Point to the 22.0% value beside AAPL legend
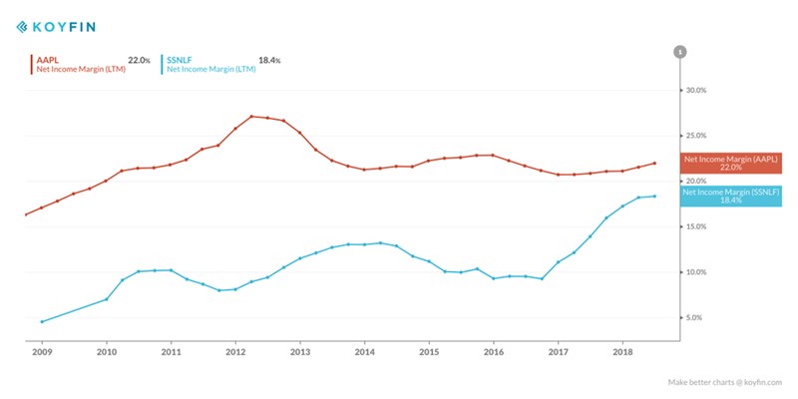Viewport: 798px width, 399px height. pos(139,60)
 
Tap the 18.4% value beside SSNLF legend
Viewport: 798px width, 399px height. pos(269,60)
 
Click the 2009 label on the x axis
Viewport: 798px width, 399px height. pos(42,352)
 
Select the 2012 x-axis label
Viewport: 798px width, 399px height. pos(235,352)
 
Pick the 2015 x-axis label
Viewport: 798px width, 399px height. pos(429,352)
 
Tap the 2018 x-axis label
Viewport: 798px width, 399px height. pos(622,352)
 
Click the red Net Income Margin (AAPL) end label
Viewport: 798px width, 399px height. pos(730,165)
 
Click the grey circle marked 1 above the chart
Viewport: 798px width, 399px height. pos(680,52)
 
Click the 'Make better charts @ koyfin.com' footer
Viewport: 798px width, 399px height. pos(725,382)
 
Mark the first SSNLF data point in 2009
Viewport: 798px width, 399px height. pos(41,321)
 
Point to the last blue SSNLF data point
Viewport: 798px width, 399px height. pos(654,196)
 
